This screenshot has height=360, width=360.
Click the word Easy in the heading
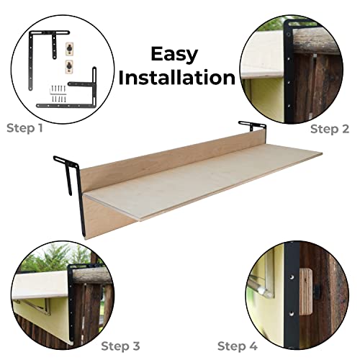click(174, 55)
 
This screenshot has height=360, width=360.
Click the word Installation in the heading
click(177, 78)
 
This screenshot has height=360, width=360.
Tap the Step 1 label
click(24, 128)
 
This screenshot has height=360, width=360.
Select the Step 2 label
click(330, 130)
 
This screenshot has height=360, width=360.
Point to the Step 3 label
click(120, 346)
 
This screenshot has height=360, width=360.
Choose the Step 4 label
click(238, 346)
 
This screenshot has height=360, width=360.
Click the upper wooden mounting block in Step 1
click(69, 48)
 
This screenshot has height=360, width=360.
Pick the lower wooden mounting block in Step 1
click(69, 66)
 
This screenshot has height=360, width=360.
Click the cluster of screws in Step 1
click(58, 94)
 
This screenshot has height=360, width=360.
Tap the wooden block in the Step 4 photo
click(306, 292)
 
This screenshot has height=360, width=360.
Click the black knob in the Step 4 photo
click(315, 292)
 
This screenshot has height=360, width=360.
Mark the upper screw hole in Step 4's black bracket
click(291, 277)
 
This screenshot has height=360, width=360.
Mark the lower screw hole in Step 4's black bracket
click(291, 313)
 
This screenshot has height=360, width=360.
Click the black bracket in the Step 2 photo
click(289, 72)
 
